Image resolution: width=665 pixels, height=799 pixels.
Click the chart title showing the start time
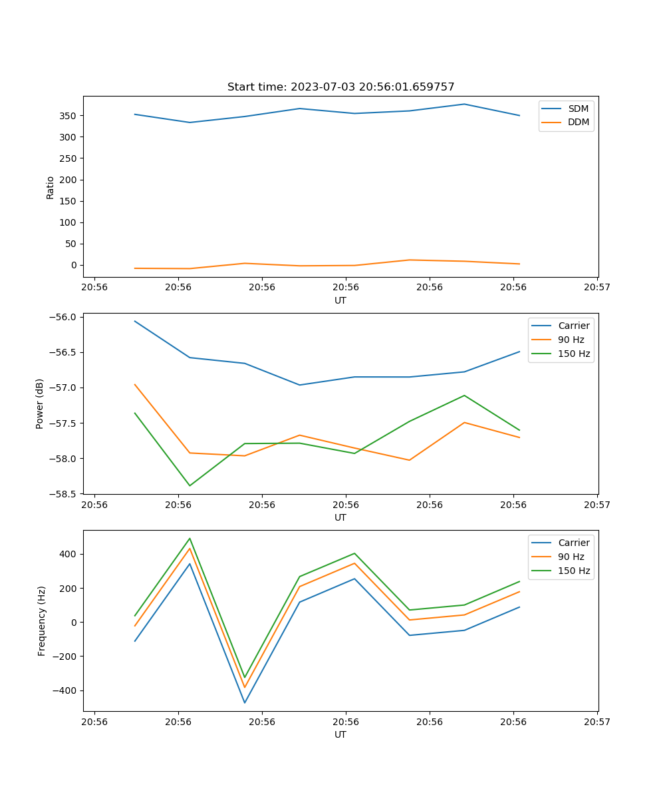[340, 87]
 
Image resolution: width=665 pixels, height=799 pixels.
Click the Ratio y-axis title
[50, 187]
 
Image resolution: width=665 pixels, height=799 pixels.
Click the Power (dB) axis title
[40, 403]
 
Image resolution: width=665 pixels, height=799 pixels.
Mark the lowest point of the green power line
[190, 485]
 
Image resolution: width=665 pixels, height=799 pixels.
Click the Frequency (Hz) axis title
[41, 621]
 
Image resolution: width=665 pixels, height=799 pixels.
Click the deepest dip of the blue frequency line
[245, 702]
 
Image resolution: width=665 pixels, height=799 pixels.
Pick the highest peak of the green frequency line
[190, 539]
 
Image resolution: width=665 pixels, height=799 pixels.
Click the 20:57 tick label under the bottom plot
[597, 721]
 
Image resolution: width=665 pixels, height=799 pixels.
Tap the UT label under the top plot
[340, 300]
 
